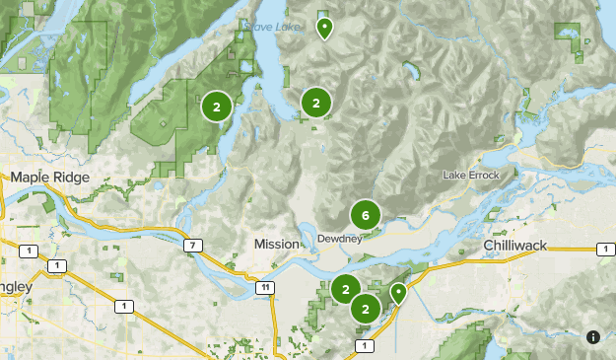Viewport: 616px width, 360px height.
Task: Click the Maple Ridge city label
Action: [49, 178]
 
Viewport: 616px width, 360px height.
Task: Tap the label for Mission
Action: [275, 244]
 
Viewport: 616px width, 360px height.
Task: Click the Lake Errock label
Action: [471, 176]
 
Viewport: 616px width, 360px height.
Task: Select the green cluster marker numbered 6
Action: [366, 215]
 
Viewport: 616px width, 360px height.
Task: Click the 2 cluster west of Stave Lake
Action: [217, 107]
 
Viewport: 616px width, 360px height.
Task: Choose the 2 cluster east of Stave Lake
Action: [315, 103]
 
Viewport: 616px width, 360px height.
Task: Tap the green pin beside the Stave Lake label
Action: [323, 28]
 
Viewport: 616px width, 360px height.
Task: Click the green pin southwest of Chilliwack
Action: [398, 293]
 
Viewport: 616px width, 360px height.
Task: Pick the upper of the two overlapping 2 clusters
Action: [345, 290]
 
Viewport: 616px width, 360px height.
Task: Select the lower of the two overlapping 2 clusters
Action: [366, 309]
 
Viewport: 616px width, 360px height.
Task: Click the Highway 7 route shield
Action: [195, 245]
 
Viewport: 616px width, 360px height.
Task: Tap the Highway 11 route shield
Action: [264, 287]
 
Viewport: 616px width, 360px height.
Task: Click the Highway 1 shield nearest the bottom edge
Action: [366, 345]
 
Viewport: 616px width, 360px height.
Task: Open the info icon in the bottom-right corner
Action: [593, 337]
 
